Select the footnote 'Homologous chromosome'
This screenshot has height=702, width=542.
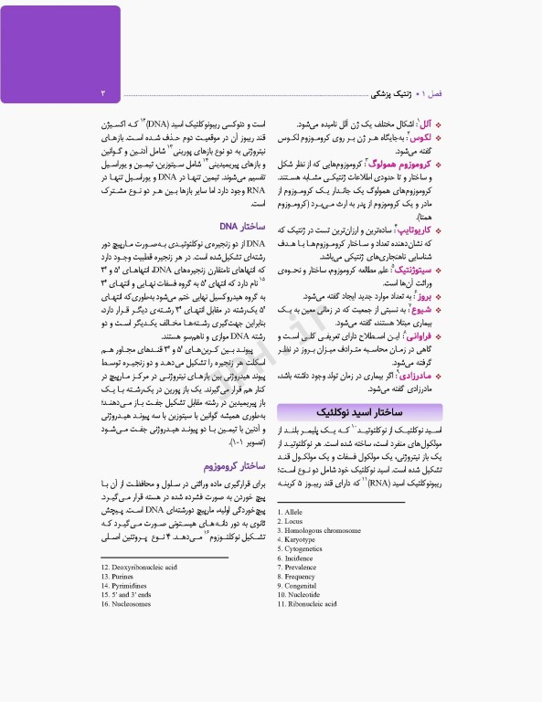(x=318, y=531)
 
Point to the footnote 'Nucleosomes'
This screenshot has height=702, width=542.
(x=125, y=604)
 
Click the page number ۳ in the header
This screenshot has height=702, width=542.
(x=102, y=93)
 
